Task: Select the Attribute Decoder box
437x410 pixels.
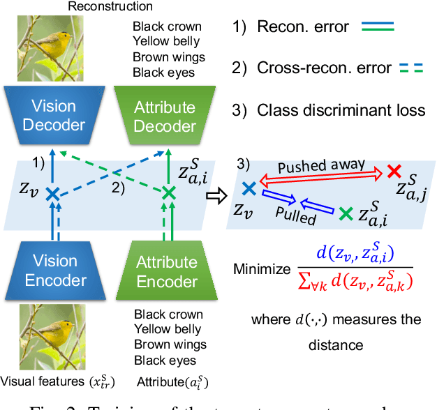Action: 165,116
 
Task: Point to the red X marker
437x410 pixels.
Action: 394,172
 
